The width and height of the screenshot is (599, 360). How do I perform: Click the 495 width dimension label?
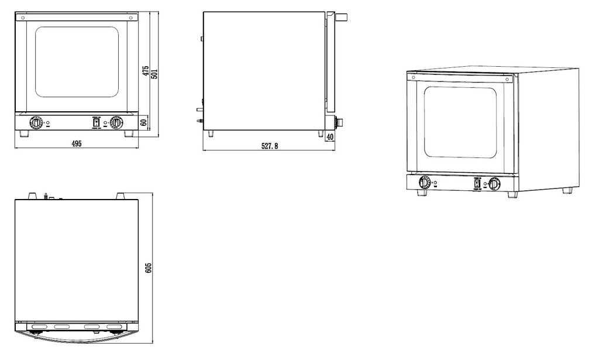point(77,143)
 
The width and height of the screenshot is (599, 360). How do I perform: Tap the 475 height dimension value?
point(146,71)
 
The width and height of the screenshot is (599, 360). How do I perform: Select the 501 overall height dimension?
point(154,74)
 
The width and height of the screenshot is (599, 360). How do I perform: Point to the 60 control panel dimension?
point(144,123)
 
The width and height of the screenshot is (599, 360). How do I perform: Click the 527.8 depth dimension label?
point(269,146)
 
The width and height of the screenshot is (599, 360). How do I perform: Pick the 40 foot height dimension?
point(330,136)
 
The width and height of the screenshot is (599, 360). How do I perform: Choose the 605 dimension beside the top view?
point(149,268)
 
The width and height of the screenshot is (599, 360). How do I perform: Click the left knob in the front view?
point(36,123)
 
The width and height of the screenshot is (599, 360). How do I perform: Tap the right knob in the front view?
point(116,123)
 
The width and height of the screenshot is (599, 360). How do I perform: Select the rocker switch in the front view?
point(97,123)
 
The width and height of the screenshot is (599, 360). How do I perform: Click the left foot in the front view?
point(24,133)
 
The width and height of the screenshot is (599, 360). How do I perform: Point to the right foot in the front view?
point(129,133)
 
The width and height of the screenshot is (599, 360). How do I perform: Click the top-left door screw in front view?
point(23,18)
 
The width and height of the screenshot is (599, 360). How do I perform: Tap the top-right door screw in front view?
point(130,18)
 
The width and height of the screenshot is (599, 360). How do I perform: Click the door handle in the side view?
point(341,17)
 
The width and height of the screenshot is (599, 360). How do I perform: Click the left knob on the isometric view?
point(424,183)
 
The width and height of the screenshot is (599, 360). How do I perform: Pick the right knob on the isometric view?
point(494,183)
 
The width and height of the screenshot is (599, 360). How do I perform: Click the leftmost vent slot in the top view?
point(38,327)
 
